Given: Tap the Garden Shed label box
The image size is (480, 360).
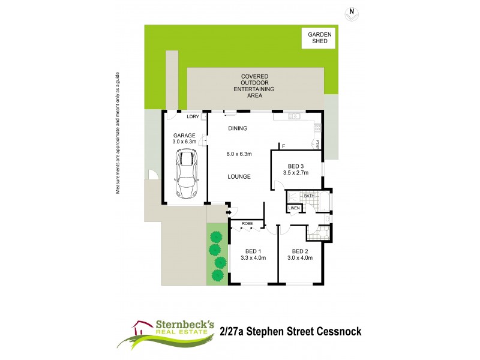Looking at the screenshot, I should click(x=319, y=39).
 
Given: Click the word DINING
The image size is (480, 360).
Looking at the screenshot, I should click(x=238, y=128).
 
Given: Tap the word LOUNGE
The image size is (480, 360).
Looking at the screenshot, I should click(x=239, y=176).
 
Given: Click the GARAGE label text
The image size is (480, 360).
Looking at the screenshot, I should click(x=184, y=136).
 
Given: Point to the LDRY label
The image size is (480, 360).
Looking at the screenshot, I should click(x=193, y=117).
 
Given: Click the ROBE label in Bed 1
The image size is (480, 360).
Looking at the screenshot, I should click(x=247, y=224).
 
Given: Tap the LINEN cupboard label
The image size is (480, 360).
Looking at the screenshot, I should click(x=294, y=208).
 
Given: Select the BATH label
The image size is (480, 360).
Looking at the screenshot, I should click(x=309, y=196).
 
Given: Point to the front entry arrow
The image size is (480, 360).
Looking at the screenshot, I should click(x=229, y=211).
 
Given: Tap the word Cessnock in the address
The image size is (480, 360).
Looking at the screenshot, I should click(x=335, y=331).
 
